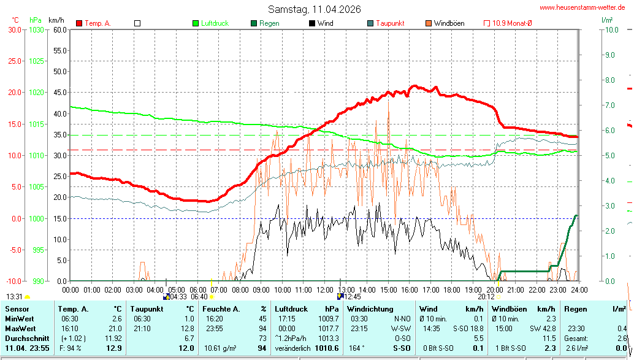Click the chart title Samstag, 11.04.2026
[315, 9]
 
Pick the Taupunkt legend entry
[390, 23]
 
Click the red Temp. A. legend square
[79, 23]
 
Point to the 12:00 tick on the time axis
[324, 289]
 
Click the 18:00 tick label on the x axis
[452, 289]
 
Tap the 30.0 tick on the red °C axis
[13, 29]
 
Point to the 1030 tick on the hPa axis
[36, 29]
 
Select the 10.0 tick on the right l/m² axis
[610, 29]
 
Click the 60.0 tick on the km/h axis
[59, 29]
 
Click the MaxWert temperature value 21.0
[115, 329]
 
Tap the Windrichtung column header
[370, 309]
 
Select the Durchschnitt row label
[23, 339]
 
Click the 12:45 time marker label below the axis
[353, 296]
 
